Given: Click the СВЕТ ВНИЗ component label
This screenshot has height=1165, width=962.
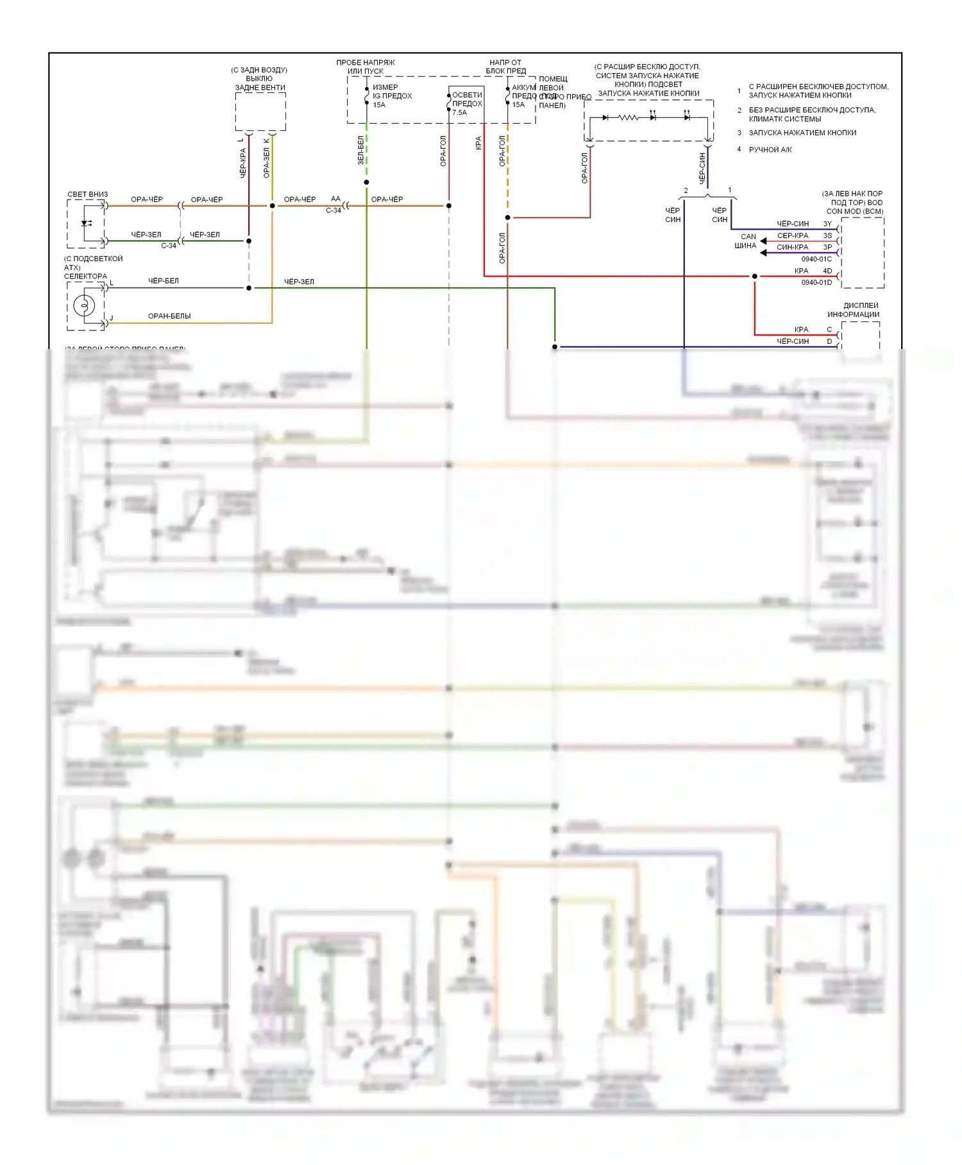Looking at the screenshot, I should pos(88,194).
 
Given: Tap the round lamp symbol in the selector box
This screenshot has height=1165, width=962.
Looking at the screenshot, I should pos(84,305).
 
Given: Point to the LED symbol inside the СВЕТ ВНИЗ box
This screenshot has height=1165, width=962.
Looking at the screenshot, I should pos(86,223).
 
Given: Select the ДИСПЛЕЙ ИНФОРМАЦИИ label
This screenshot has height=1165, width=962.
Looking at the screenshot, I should pos(853,310).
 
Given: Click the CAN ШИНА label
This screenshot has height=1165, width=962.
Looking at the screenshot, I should pos(746,241).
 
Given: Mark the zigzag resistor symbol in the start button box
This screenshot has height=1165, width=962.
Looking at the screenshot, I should pos(628,117).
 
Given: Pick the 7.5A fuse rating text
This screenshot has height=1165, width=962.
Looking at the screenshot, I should pos(460,113).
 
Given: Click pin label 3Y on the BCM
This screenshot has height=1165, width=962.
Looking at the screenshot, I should pos(827,224).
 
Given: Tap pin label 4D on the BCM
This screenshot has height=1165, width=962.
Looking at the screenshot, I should pos(827,271).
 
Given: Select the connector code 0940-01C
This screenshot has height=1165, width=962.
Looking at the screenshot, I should pos(816,259).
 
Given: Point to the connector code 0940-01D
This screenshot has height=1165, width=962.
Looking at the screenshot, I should pos(816,282).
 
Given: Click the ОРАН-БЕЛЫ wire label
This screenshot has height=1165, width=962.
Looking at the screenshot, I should pos(169,316).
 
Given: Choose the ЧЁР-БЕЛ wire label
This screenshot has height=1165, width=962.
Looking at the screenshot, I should pos(164,281).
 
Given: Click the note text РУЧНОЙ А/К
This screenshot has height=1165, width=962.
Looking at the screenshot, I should pos(770,150).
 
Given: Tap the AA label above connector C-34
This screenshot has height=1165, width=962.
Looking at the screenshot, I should pos(335,199).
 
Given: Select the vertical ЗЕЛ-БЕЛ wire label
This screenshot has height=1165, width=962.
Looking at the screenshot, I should pos(360,150).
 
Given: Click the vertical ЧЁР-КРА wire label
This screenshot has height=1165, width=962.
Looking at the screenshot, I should pos(243,163).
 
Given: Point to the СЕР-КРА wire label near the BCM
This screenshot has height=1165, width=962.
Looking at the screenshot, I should pos(793,236).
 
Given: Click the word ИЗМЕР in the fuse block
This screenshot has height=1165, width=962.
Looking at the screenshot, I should pos(385,87).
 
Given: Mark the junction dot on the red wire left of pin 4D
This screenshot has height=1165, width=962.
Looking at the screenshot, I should pos(754,276).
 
